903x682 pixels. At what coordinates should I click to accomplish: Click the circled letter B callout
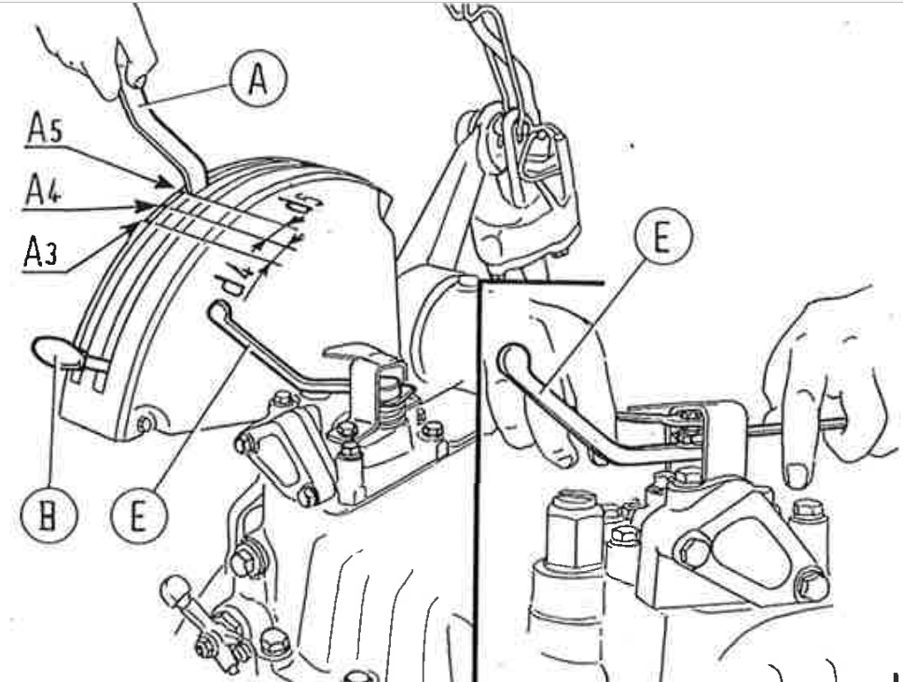49,514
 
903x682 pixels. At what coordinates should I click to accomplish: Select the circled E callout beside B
138,515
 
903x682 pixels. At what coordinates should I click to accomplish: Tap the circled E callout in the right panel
663,236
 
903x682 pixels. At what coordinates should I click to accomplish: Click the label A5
44,128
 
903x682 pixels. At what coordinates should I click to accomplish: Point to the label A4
43,190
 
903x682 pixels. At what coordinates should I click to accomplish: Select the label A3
40,252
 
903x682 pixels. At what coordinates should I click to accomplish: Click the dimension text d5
300,208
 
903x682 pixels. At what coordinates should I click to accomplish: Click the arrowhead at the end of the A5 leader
165,184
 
